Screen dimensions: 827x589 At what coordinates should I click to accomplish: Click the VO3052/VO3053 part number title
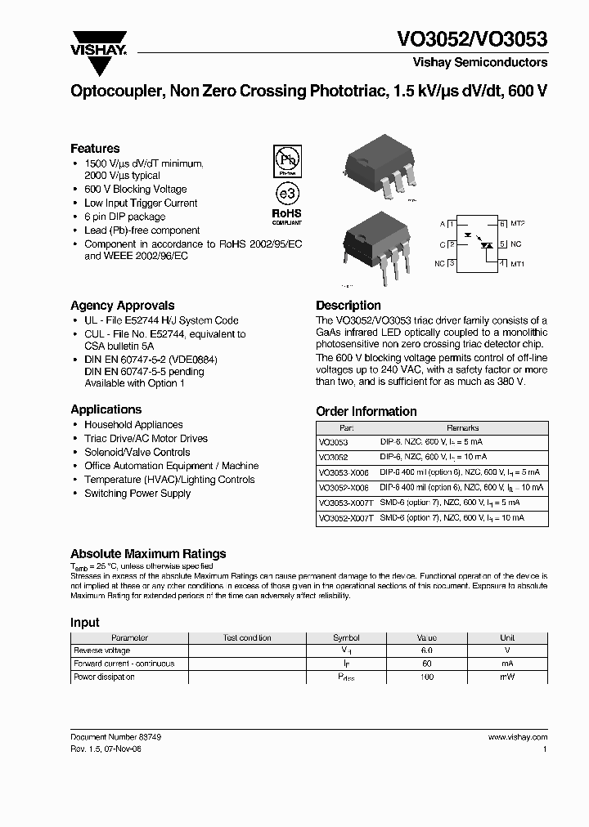(472, 40)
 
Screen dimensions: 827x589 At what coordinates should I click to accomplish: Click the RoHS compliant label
(286, 217)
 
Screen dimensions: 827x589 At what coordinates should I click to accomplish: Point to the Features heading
(95, 149)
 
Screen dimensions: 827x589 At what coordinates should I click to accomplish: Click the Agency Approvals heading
(123, 306)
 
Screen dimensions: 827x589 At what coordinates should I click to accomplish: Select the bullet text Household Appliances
(133, 425)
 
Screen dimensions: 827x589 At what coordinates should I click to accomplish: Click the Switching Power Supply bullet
(137, 494)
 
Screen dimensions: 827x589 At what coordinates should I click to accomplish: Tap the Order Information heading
(366, 412)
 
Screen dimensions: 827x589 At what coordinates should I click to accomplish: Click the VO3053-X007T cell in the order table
(345, 503)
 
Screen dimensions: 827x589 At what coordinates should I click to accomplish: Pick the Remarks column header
(462, 427)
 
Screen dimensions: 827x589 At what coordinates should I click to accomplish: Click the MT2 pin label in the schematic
(517, 223)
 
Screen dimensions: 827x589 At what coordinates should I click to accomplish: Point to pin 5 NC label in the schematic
(516, 244)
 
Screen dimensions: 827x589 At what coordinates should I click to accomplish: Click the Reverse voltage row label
(101, 650)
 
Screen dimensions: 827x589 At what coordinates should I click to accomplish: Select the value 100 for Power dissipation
(426, 677)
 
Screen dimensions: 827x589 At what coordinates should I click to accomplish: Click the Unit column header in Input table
(507, 637)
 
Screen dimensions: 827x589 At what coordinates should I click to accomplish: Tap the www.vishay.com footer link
(517, 737)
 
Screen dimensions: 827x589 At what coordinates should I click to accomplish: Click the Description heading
(348, 306)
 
